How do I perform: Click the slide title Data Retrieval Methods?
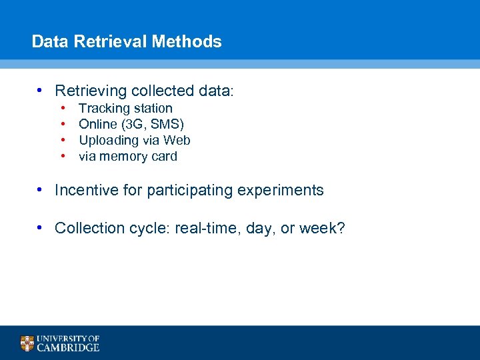tap(127, 41)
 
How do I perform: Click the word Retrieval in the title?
tap(111, 41)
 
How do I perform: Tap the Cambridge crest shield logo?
tap(27, 343)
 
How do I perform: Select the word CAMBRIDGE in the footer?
tap(68, 347)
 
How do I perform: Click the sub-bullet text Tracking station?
tap(125, 108)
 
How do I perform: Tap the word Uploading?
tap(109, 140)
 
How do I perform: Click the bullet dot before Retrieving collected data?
tap(41, 90)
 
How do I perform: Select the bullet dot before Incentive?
tap(41, 190)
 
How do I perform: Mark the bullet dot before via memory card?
tap(62, 157)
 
